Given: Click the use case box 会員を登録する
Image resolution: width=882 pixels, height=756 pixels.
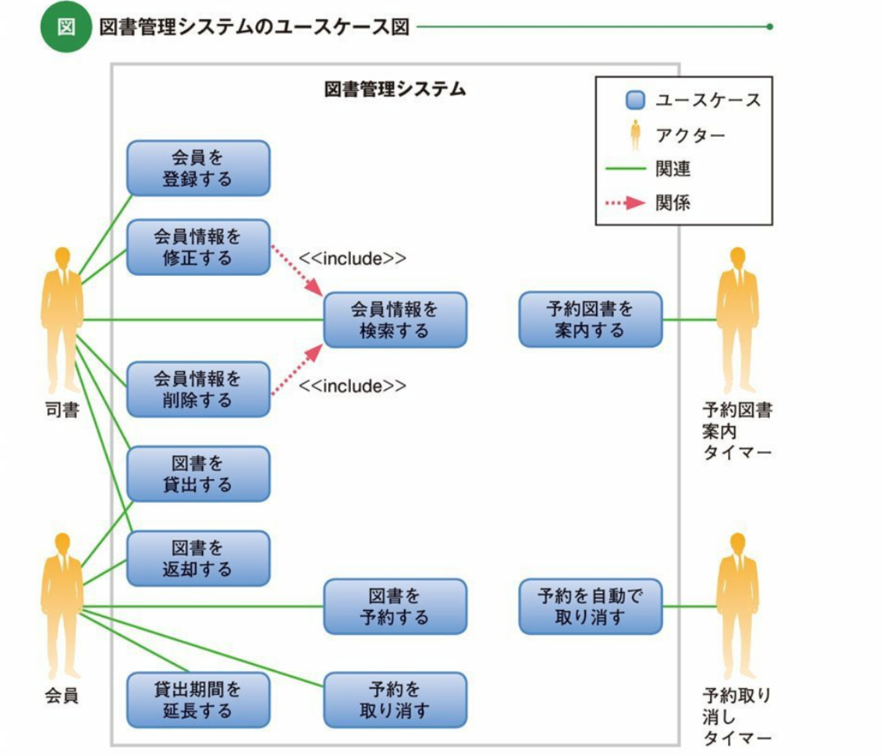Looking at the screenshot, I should (198, 168).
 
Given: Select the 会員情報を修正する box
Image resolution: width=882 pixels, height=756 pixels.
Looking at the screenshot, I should (198, 247).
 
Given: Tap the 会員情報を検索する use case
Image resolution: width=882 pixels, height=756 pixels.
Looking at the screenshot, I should (395, 320).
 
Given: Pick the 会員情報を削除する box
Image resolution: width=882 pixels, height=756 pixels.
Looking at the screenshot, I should (198, 389).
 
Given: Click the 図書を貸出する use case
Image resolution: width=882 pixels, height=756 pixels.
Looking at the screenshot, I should (198, 474).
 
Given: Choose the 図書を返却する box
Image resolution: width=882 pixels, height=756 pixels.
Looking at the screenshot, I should (198, 558).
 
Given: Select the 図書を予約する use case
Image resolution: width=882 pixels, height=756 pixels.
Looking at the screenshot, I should (395, 607).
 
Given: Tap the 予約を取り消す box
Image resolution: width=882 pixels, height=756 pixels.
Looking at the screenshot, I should (395, 700).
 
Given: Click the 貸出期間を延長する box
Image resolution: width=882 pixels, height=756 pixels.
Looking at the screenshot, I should (198, 700).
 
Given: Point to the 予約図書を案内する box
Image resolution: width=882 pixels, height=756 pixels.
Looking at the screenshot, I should (590, 320).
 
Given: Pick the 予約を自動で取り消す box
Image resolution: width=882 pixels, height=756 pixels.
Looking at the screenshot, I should (590, 607).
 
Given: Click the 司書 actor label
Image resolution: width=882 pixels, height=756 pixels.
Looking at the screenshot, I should (62, 410).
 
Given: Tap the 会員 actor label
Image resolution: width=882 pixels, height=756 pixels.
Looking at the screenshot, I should (62, 696).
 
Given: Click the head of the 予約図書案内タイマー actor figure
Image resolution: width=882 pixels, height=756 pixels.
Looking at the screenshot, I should (737, 257).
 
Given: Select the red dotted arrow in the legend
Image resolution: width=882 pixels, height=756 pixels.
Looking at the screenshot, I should (625, 203).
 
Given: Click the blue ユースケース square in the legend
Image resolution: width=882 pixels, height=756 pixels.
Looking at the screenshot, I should (635, 100).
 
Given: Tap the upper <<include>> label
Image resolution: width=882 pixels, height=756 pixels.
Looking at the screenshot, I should (352, 258).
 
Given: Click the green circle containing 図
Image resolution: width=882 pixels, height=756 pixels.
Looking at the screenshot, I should (66, 27).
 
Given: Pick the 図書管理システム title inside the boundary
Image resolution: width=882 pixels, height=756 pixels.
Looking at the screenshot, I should (395, 89).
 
